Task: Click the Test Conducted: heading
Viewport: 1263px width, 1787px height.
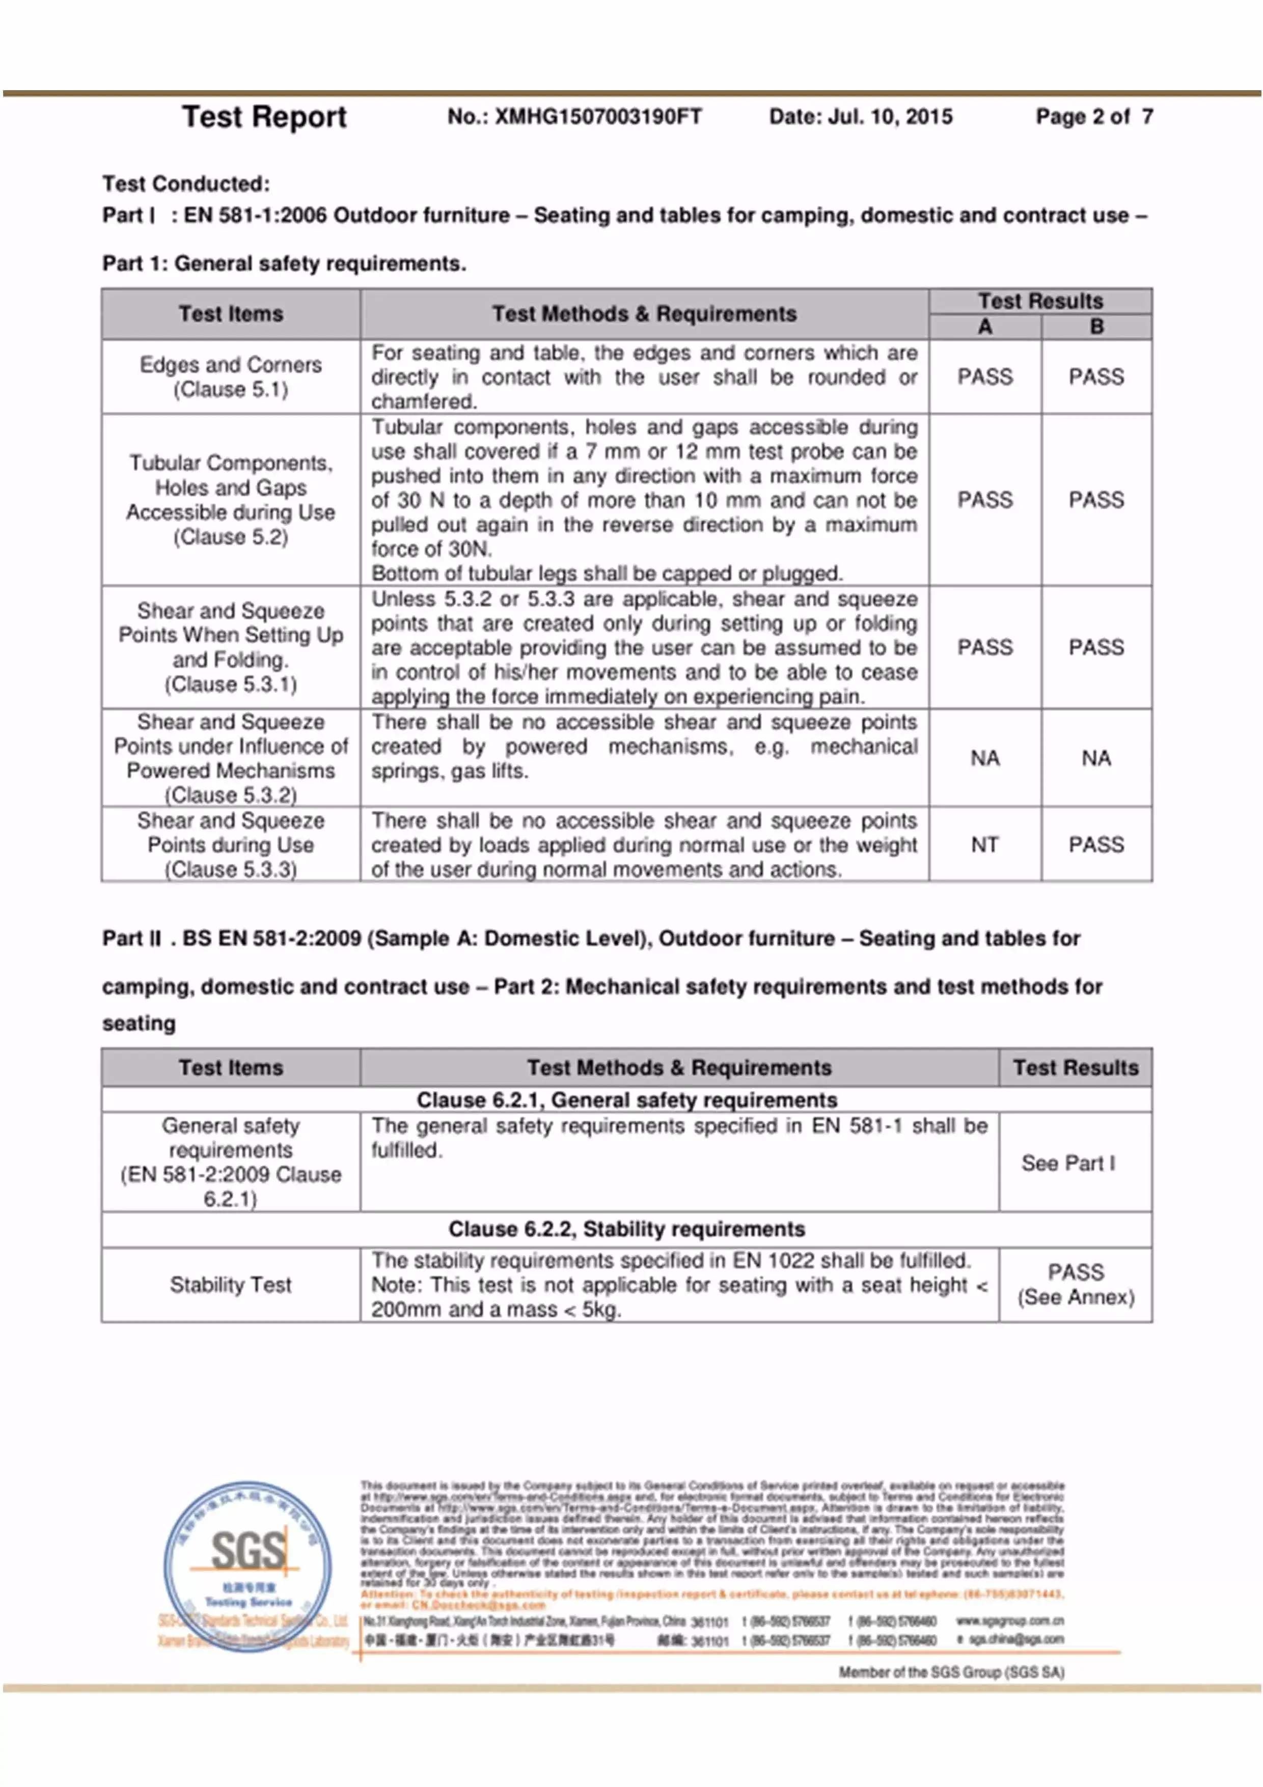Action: tap(186, 184)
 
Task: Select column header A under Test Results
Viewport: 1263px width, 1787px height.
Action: tap(984, 327)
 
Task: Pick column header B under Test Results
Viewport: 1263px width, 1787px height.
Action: tap(1096, 327)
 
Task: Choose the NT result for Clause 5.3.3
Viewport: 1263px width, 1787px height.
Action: tap(984, 845)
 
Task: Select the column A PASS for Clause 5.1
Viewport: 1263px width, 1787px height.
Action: tap(984, 376)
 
